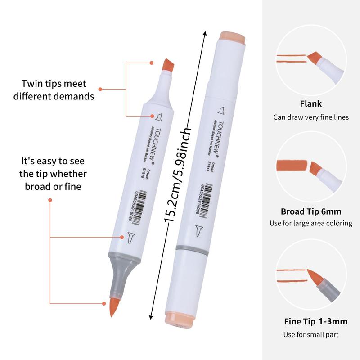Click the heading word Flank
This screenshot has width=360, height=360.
point(310,104)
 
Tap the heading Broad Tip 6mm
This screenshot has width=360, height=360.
point(311,211)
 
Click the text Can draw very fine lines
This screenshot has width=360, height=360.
point(311,117)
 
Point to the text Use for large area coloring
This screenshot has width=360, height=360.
point(310,223)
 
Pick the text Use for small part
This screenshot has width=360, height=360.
point(310,334)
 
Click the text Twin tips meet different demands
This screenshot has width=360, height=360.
point(54,90)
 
